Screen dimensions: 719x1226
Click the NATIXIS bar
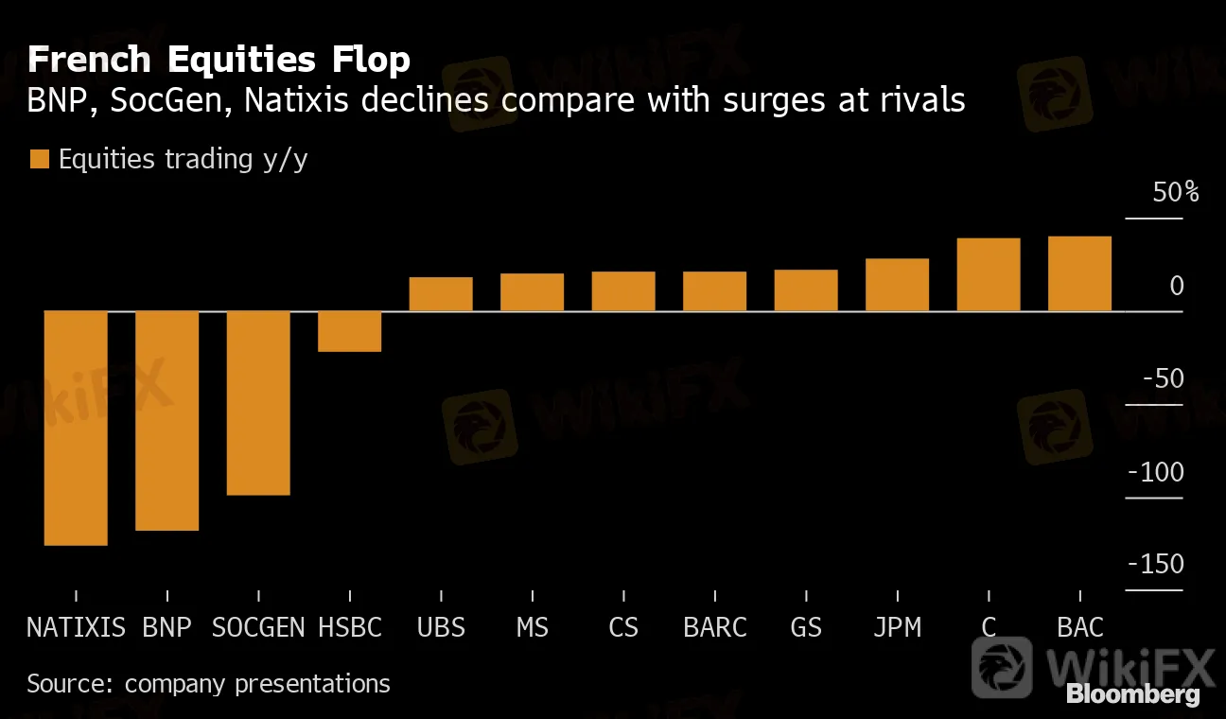click(76, 428)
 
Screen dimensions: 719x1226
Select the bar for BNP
click(166, 420)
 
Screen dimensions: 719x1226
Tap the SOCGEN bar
click(258, 402)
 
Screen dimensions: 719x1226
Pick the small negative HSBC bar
click(349, 331)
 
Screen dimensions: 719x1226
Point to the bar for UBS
click(441, 294)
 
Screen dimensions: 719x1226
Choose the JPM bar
click(897, 285)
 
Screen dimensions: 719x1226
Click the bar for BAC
click(1079, 273)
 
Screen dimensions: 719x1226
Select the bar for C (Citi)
click(989, 274)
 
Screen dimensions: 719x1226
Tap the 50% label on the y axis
click(1176, 193)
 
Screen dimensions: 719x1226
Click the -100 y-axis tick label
click(1155, 472)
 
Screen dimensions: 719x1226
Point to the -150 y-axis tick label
click(1155, 565)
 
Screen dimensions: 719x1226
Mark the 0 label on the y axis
click(1176, 286)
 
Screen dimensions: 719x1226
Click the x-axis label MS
click(533, 627)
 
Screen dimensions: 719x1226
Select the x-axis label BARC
click(715, 627)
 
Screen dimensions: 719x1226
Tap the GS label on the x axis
click(806, 627)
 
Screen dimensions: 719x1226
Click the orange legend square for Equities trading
click(39, 159)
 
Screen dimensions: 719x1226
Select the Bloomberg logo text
click(1133, 694)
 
